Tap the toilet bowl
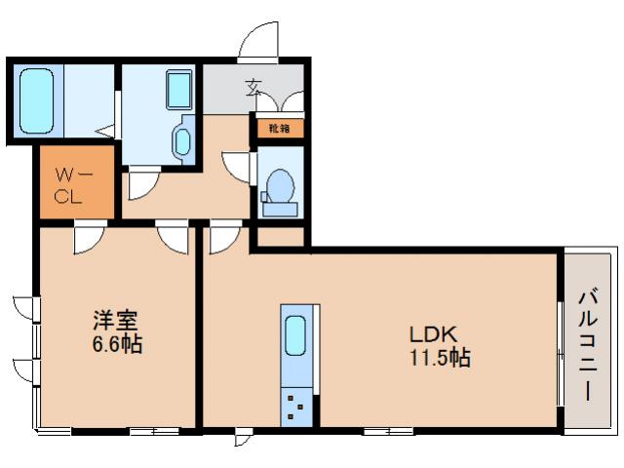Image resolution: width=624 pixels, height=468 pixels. [x=281, y=185]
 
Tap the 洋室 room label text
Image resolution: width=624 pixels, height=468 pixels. [x=114, y=321]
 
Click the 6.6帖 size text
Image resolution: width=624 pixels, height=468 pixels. [x=117, y=344]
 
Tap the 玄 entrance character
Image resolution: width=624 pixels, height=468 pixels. [x=253, y=88]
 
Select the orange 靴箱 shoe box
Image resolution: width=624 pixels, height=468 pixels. [x=279, y=127]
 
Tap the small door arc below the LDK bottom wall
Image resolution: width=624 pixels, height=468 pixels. [x=242, y=439]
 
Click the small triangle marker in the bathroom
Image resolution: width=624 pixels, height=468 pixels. [x=108, y=128]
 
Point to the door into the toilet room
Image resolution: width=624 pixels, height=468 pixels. [x=237, y=166]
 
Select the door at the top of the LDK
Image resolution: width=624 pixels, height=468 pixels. [x=225, y=235]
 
